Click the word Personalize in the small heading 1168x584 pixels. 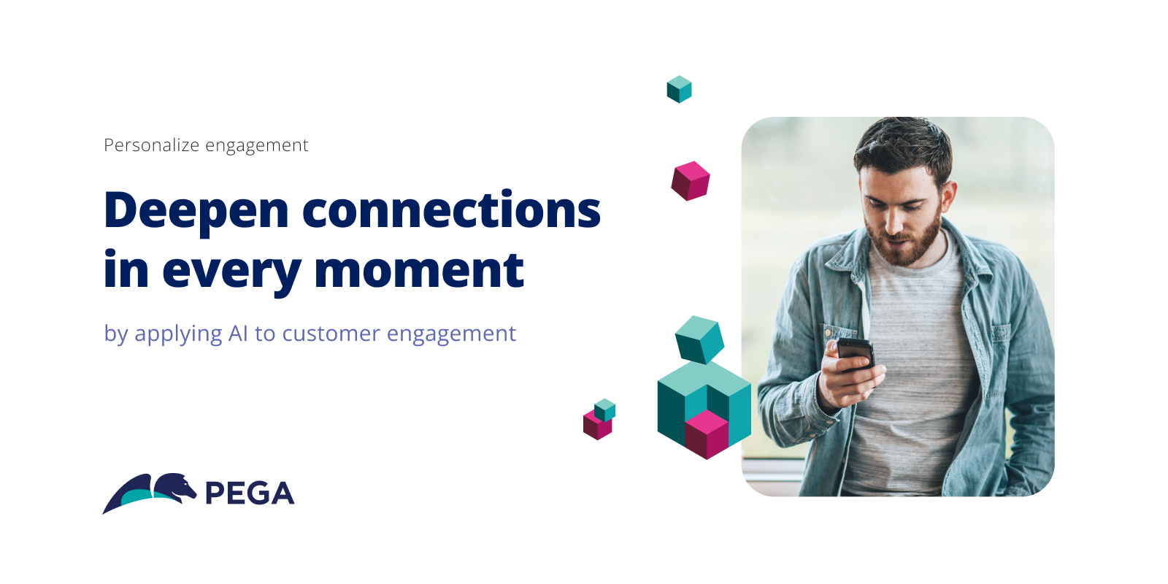tap(151, 145)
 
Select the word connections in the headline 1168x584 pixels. tap(452, 210)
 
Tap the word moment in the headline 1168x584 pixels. tap(419, 270)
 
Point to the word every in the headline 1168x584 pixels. tap(231, 274)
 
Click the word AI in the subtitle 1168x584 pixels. tap(238, 334)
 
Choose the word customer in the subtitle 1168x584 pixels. tap(331, 334)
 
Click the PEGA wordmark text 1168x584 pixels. tap(250, 493)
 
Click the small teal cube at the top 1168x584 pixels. tap(679, 89)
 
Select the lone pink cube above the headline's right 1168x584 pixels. tap(691, 181)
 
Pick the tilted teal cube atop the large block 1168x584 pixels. tap(700, 339)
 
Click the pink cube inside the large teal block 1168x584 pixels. tap(707, 434)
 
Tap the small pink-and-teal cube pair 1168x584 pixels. tap(599, 420)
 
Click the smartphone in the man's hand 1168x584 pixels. tap(856, 355)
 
